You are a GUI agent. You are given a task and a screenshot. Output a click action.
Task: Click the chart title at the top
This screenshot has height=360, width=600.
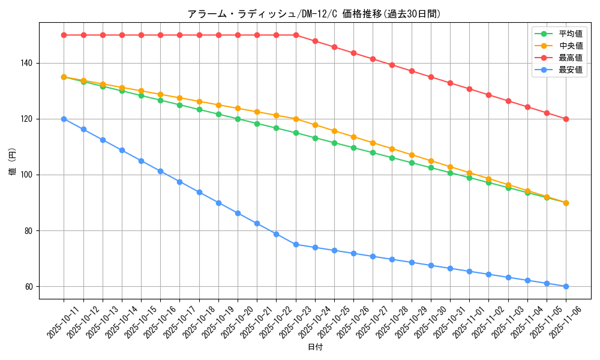tap(314, 14)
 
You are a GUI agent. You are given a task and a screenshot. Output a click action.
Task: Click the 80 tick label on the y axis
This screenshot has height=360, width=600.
tap(29, 231)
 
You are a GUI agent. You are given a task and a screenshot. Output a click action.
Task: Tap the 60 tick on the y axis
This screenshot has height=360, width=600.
tap(29, 287)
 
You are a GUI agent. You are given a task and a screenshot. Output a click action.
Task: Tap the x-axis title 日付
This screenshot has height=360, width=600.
tap(314, 347)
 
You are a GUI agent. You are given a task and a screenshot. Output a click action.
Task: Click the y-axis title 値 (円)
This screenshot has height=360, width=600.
tap(12, 161)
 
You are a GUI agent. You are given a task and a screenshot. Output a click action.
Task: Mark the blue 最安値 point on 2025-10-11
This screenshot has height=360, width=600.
tap(64, 119)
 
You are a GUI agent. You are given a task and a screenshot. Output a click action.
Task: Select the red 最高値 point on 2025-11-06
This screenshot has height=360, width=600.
tap(566, 119)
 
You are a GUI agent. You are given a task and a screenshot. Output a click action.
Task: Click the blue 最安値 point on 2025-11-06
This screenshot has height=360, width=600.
tap(566, 286)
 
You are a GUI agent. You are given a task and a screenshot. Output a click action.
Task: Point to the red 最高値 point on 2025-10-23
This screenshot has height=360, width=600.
tap(296, 35)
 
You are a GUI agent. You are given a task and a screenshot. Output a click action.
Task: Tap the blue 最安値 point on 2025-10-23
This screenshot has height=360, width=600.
tap(296, 244)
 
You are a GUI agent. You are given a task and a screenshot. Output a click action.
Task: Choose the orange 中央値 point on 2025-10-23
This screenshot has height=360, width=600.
tap(296, 119)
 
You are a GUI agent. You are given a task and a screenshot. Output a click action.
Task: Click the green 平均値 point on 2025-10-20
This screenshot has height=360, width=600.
tap(238, 119)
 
